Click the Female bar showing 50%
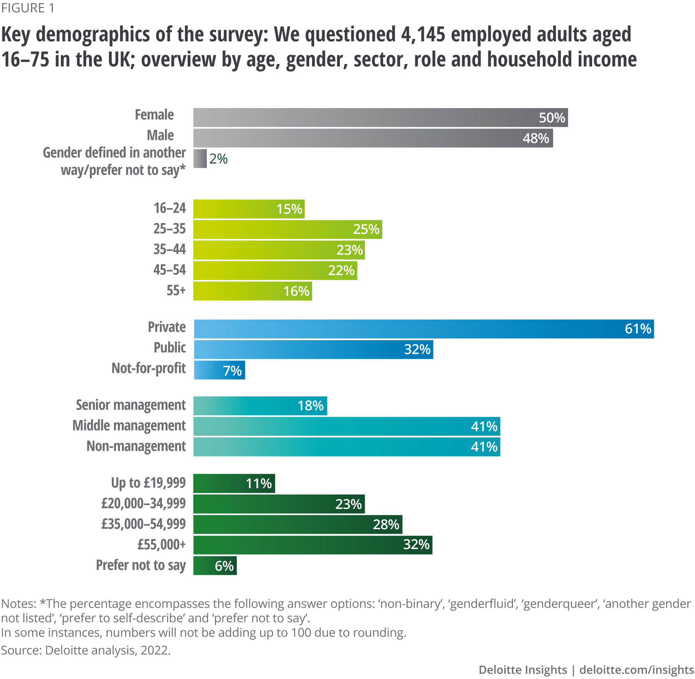pos(381,117)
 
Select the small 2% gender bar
pos(200,159)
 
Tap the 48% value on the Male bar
pos(535,138)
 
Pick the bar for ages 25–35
pos(288,229)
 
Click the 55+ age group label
pos(176,291)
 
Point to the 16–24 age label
pos(170,208)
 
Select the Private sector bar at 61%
pos(424,329)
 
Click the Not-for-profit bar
pos(219,370)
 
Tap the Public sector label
pos(170,348)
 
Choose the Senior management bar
pos(260,406)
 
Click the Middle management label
pos(129,426)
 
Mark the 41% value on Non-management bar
pos(484,447)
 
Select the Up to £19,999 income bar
pos(234,484)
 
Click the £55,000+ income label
pos(162,545)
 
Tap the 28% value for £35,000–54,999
pos(386,525)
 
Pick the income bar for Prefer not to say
pos(215,566)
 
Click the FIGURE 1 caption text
pos(28,8)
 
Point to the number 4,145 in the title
pos(423,35)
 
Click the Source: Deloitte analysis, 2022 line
pos(85,651)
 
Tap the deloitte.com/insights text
pos(637,670)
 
